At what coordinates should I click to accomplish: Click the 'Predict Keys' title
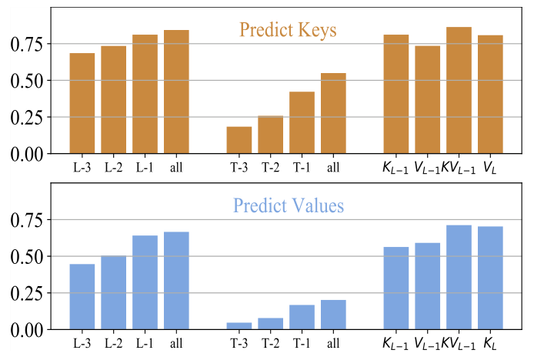288,31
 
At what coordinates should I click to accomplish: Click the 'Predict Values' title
288,206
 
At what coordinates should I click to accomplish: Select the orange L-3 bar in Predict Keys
82,103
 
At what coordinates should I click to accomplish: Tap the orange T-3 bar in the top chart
239,140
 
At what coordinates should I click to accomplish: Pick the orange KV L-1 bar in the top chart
459,90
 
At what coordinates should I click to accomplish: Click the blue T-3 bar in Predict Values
239,326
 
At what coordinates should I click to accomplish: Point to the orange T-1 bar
302,122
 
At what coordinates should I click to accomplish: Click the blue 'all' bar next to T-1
333,315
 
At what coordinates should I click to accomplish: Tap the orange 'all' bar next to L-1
176,92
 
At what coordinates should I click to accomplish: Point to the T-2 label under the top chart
270,166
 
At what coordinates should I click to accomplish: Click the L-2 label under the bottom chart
113,342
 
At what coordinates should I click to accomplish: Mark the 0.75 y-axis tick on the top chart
31,44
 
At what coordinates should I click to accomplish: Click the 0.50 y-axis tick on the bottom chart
31,256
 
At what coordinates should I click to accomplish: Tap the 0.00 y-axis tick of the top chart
31,154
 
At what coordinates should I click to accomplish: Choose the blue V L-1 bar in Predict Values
427,286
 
